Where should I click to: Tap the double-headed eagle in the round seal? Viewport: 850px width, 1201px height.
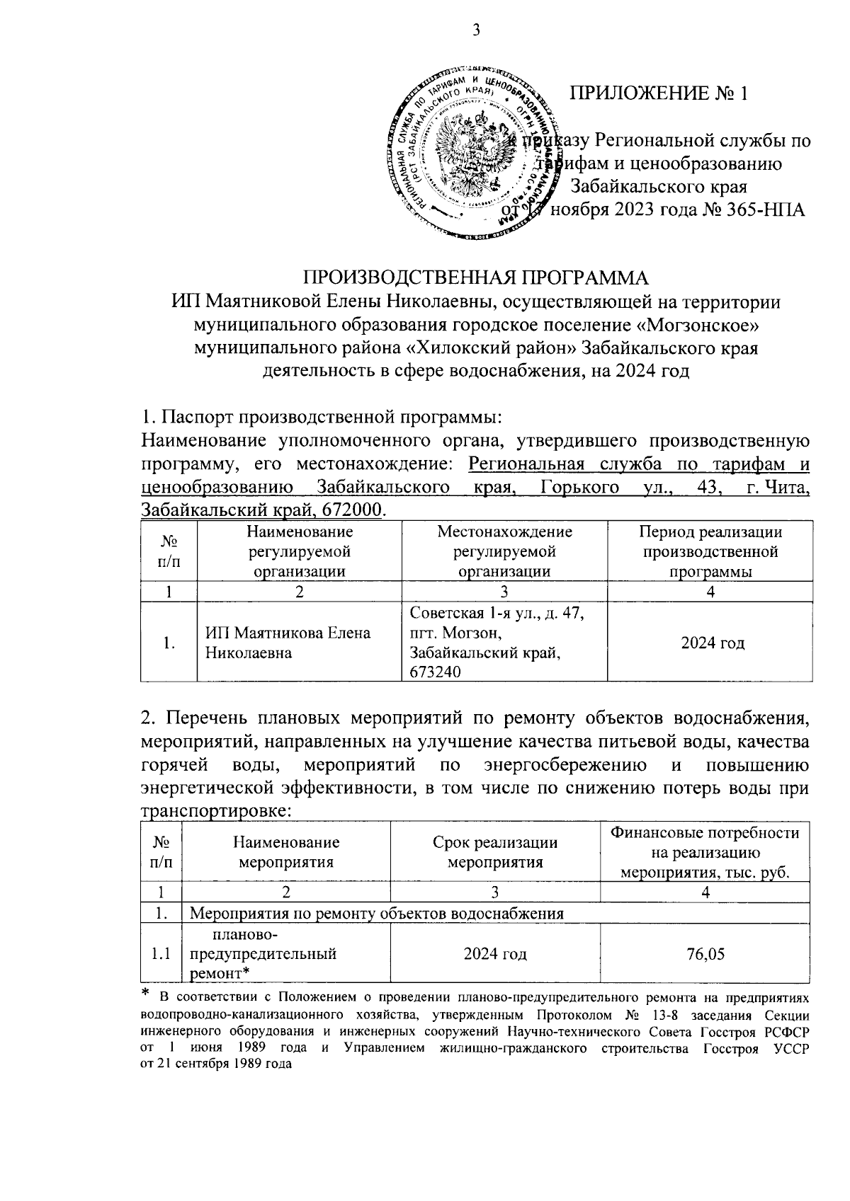click(472, 151)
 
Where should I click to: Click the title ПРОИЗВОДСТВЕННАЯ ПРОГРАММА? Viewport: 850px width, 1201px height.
click(476, 277)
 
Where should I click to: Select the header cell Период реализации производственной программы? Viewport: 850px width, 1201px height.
click(710, 552)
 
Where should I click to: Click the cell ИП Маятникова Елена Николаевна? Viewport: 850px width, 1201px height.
click(288, 642)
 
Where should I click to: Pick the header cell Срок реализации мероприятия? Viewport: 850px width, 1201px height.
click(494, 851)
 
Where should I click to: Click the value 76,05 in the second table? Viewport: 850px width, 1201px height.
click(705, 954)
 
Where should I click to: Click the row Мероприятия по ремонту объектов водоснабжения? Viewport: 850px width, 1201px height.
click(378, 913)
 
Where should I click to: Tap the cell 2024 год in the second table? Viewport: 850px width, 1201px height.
click(494, 954)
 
